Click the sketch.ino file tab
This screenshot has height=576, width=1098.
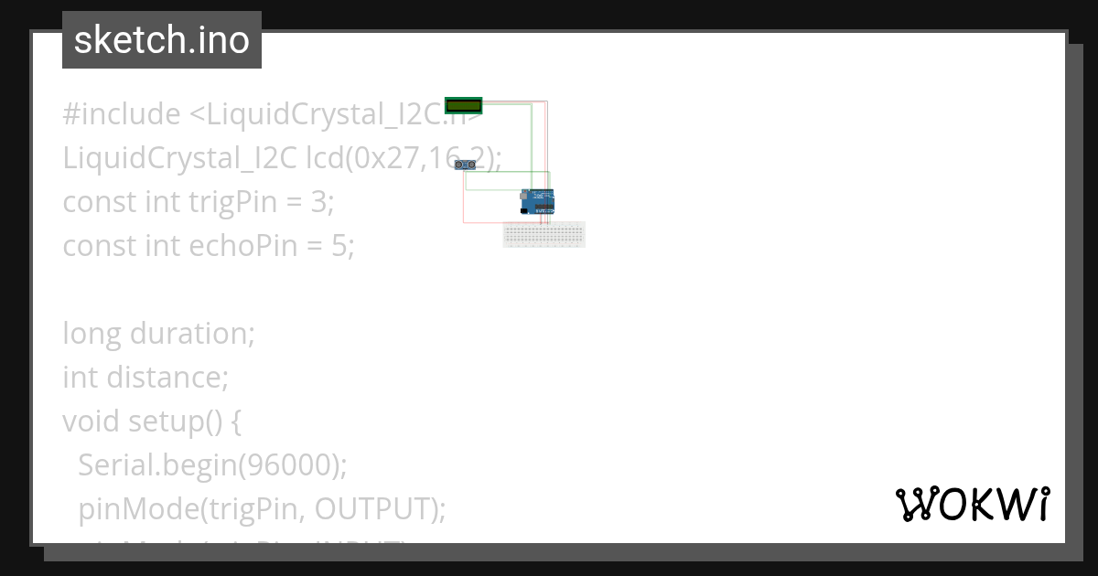162,40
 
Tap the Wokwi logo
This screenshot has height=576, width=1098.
972,504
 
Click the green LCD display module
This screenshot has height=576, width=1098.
463,105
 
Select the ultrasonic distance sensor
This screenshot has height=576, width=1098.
468,165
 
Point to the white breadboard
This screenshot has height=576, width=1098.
544,234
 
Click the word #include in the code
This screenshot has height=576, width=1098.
122,114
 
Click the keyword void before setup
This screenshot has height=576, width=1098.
91,421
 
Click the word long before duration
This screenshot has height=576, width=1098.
92,333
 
